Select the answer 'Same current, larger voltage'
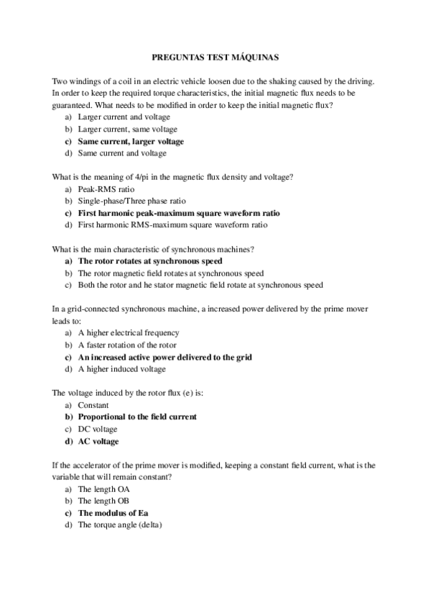tap(130, 142)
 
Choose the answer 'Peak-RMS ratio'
tap(106, 189)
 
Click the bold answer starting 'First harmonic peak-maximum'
tap(178, 213)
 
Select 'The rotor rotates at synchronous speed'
tap(149, 261)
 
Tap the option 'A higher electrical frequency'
tap(128, 333)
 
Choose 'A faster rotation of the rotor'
tap(126, 345)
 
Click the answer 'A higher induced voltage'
tap(121, 369)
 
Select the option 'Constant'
tap(93, 405)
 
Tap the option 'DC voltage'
tap(97, 429)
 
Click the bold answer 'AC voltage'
tap(98, 441)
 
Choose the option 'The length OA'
tap(103, 488)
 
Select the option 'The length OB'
tap(103, 501)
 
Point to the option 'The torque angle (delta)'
tap(120, 525)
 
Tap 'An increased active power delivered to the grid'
tap(164, 357)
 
